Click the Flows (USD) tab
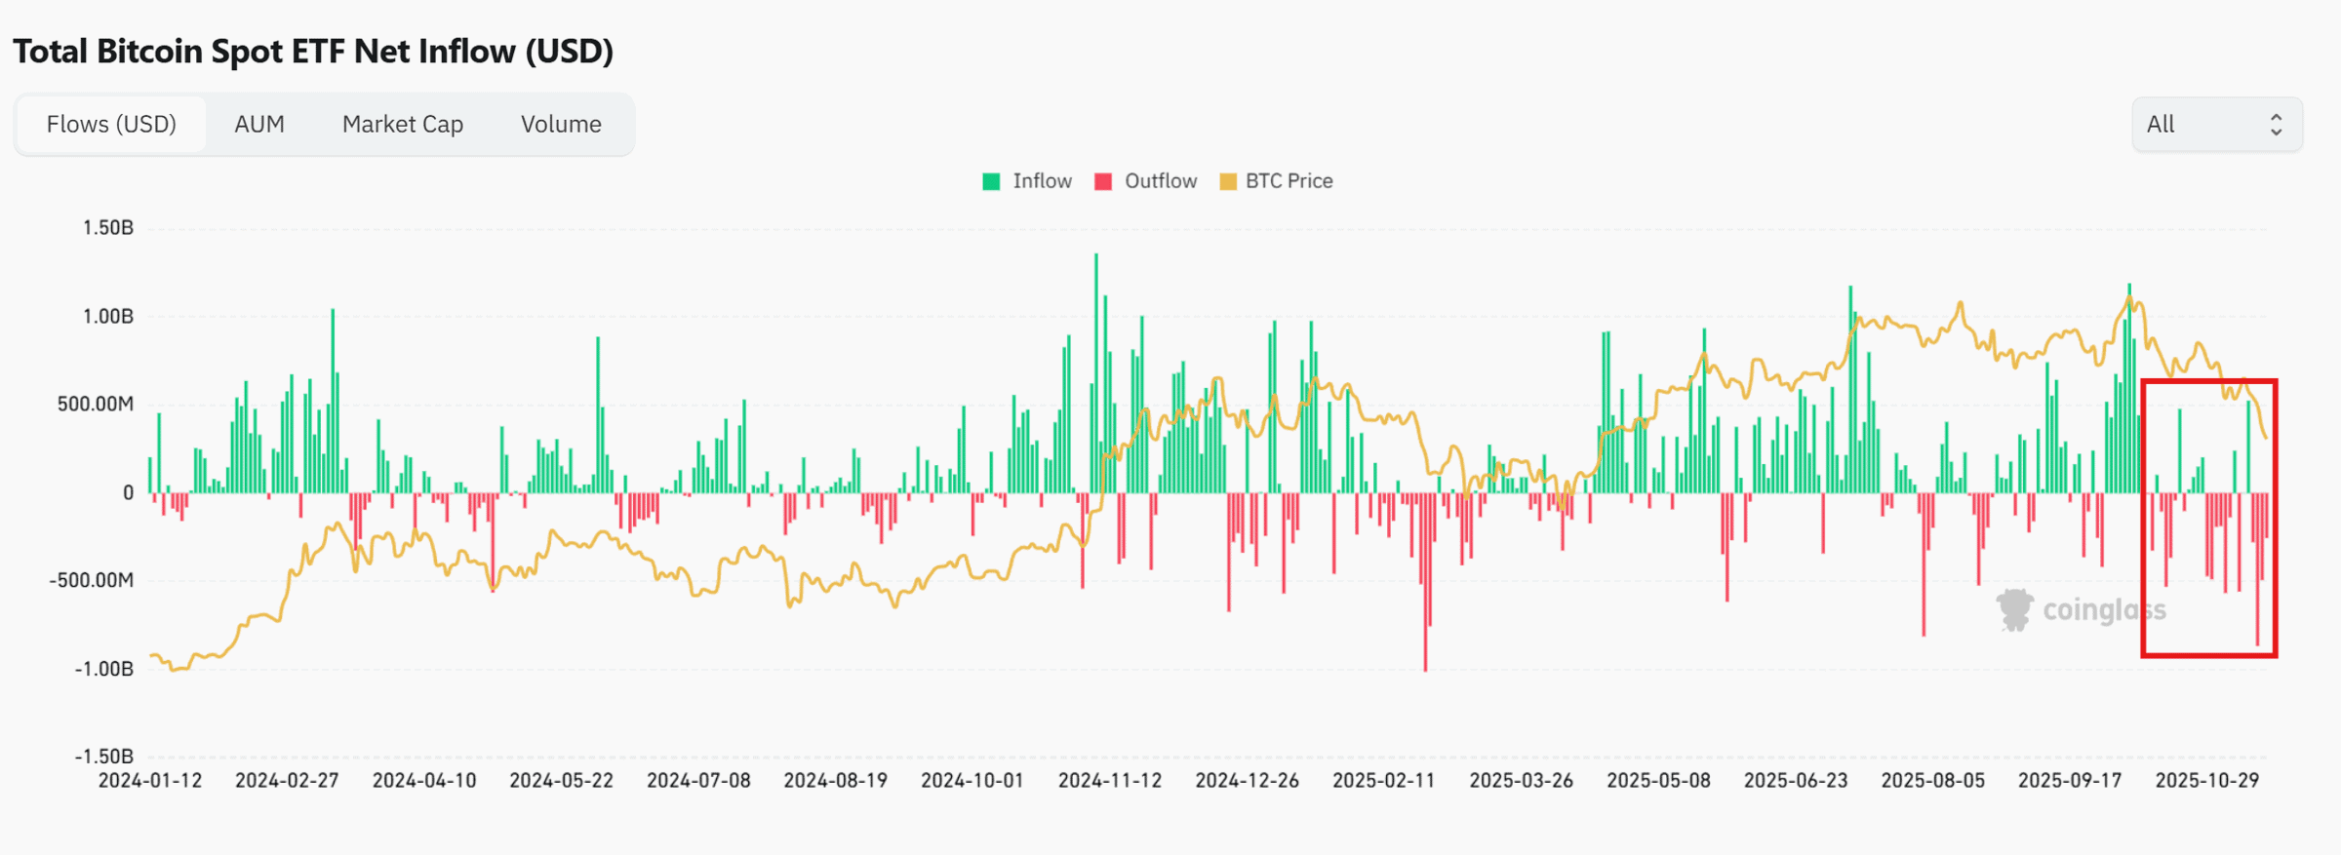[111, 125]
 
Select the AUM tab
[259, 125]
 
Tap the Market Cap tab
[402, 125]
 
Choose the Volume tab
[561, 125]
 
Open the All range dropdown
[2216, 125]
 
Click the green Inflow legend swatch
[991, 181]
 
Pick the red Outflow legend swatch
[1103, 181]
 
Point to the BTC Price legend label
[1289, 181]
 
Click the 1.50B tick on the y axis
[108, 228]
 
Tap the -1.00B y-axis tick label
[104, 669]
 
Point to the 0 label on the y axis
[128, 493]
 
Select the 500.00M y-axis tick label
[96, 405]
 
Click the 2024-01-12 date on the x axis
[150, 781]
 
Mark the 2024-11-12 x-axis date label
[1110, 781]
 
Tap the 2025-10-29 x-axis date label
[2206, 781]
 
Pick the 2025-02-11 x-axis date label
[1384, 781]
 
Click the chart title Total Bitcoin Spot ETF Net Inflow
[313, 52]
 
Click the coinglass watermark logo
[2014, 610]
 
